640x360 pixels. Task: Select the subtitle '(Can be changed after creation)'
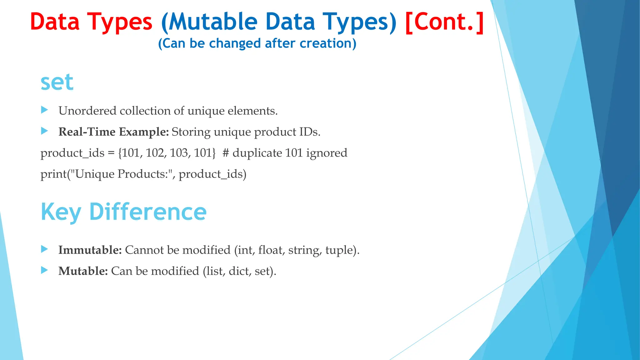pyautogui.click(x=257, y=43)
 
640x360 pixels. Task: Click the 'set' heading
pyautogui.click(x=57, y=82)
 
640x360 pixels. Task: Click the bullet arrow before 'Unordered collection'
pyautogui.click(x=44, y=110)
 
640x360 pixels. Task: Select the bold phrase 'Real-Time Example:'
pyautogui.click(x=113, y=132)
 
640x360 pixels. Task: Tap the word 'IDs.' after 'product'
pyautogui.click(x=310, y=132)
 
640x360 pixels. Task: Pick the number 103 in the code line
pyautogui.click(x=179, y=153)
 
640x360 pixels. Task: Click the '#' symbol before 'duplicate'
pyautogui.click(x=226, y=153)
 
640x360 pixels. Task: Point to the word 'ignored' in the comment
pyautogui.click(x=327, y=153)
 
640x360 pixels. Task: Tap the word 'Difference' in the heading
pyautogui.click(x=148, y=212)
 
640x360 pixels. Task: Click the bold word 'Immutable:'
pyautogui.click(x=90, y=250)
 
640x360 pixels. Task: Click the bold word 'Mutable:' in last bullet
pyautogui.click(x=83, y=271)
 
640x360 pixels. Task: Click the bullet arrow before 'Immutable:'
pyautogui.click(x=44, y=249)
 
